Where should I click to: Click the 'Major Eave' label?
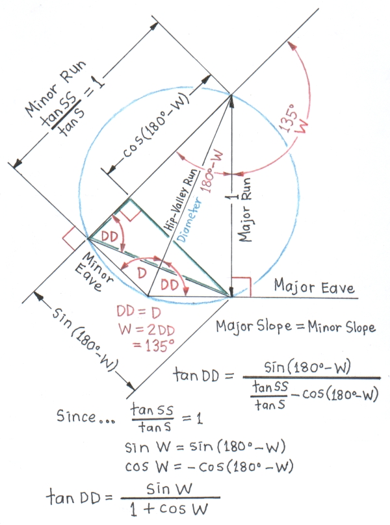tap(315, 287)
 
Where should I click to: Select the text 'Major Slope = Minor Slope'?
tap(296, 327)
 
